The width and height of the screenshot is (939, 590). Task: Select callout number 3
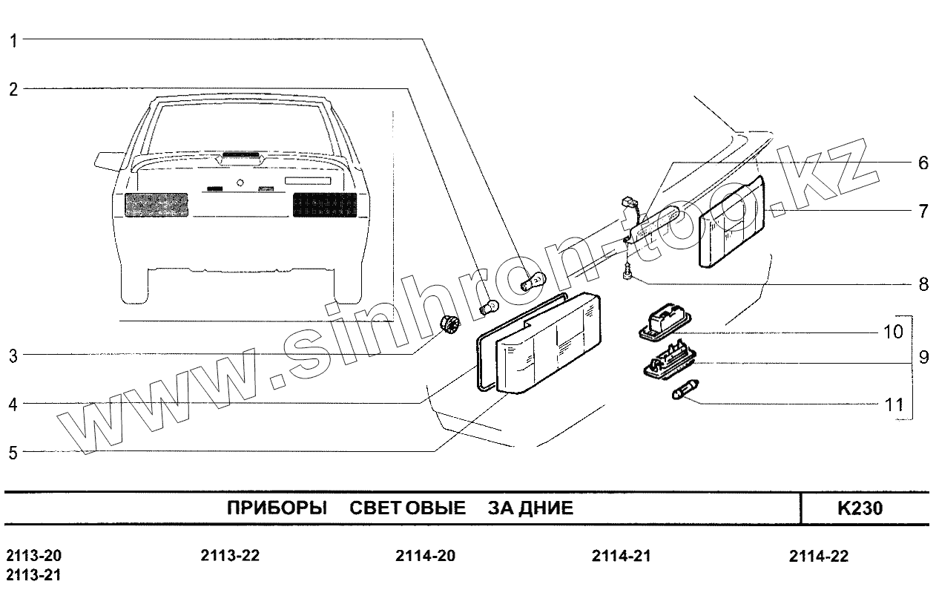pyautogui.click(x=13, y=355)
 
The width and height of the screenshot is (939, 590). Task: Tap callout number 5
pyautogui.click(x=13, y=452)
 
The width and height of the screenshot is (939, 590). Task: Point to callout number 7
pyautogui.click(x=923, y=212)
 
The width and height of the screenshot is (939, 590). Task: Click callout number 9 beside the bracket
pyautogui.click(x=923, y=358)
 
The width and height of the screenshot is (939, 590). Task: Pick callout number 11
pyautogui.click(x=895, y=405)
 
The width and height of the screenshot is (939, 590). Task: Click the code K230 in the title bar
pyautogui.click(x=860, y=509)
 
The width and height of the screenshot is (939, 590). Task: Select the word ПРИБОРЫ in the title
pyautogui.click(x=276, y=509)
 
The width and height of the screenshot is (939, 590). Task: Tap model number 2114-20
pyautogui.click(x=425, y=557)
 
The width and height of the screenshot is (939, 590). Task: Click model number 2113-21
pyautogui.click(x=34, y=575)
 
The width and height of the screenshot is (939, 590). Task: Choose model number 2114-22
pyautogui.click(x=819, y=557)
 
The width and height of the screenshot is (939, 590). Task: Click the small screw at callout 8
pyautogui.click(x=627, y=275)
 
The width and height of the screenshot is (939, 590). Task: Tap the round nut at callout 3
pyautogui.click(x=449, y=324)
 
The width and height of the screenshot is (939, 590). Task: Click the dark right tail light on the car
pyautogui.click(x=326, y=204)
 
